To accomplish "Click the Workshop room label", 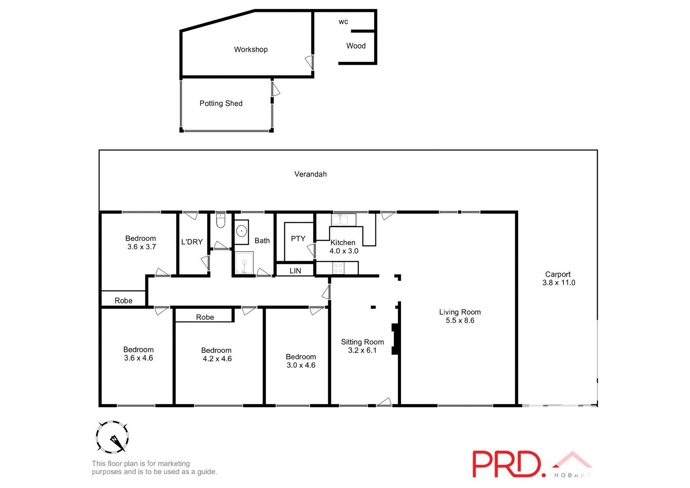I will tap(250, 50).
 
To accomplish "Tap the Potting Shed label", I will tap(221, 103).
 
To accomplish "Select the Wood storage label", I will tap(356, 46).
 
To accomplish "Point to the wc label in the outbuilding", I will tap(343, 22).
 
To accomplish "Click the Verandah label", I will tap(310, 174).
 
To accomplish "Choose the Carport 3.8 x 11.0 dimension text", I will tap(558, 283).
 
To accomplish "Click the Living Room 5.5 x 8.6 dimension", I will tap(460, 321).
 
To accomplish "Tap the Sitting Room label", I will tap(362, 342).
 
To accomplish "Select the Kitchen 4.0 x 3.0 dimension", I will tap(344, 251).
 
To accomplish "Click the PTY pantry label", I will tap(298, 239).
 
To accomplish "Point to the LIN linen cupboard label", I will tap(295, 271).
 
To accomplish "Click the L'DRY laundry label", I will tap(192, 242).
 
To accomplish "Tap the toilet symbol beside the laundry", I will tap(220, 221).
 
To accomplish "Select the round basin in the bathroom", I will tap(241, 230).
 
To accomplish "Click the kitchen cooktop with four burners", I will tap(338, 268).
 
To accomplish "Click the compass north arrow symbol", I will tap(112, 437).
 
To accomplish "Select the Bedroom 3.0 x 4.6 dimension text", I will tap(301, 365).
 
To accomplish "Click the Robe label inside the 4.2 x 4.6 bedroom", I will tap(205, 317).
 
